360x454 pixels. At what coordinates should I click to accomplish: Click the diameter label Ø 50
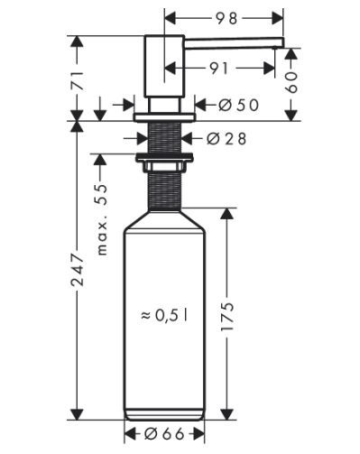pos(238,104)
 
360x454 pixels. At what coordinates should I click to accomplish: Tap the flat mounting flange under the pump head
pos(165,116)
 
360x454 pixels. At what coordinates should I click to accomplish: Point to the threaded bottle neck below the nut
pos(165,190)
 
